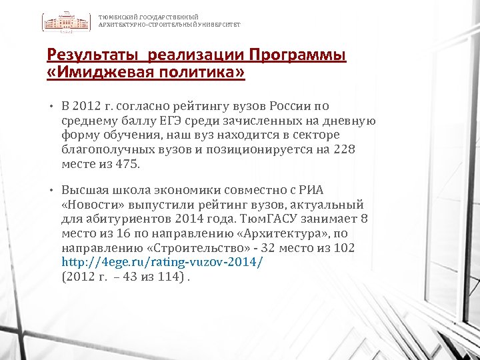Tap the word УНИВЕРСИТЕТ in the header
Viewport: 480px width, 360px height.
(219, 25)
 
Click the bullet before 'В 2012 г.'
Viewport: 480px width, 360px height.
(51, 107)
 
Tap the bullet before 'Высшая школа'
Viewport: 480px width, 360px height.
(51, 189)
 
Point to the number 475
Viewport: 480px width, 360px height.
(126, 164)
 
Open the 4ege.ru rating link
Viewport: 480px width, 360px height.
(163, 262)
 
